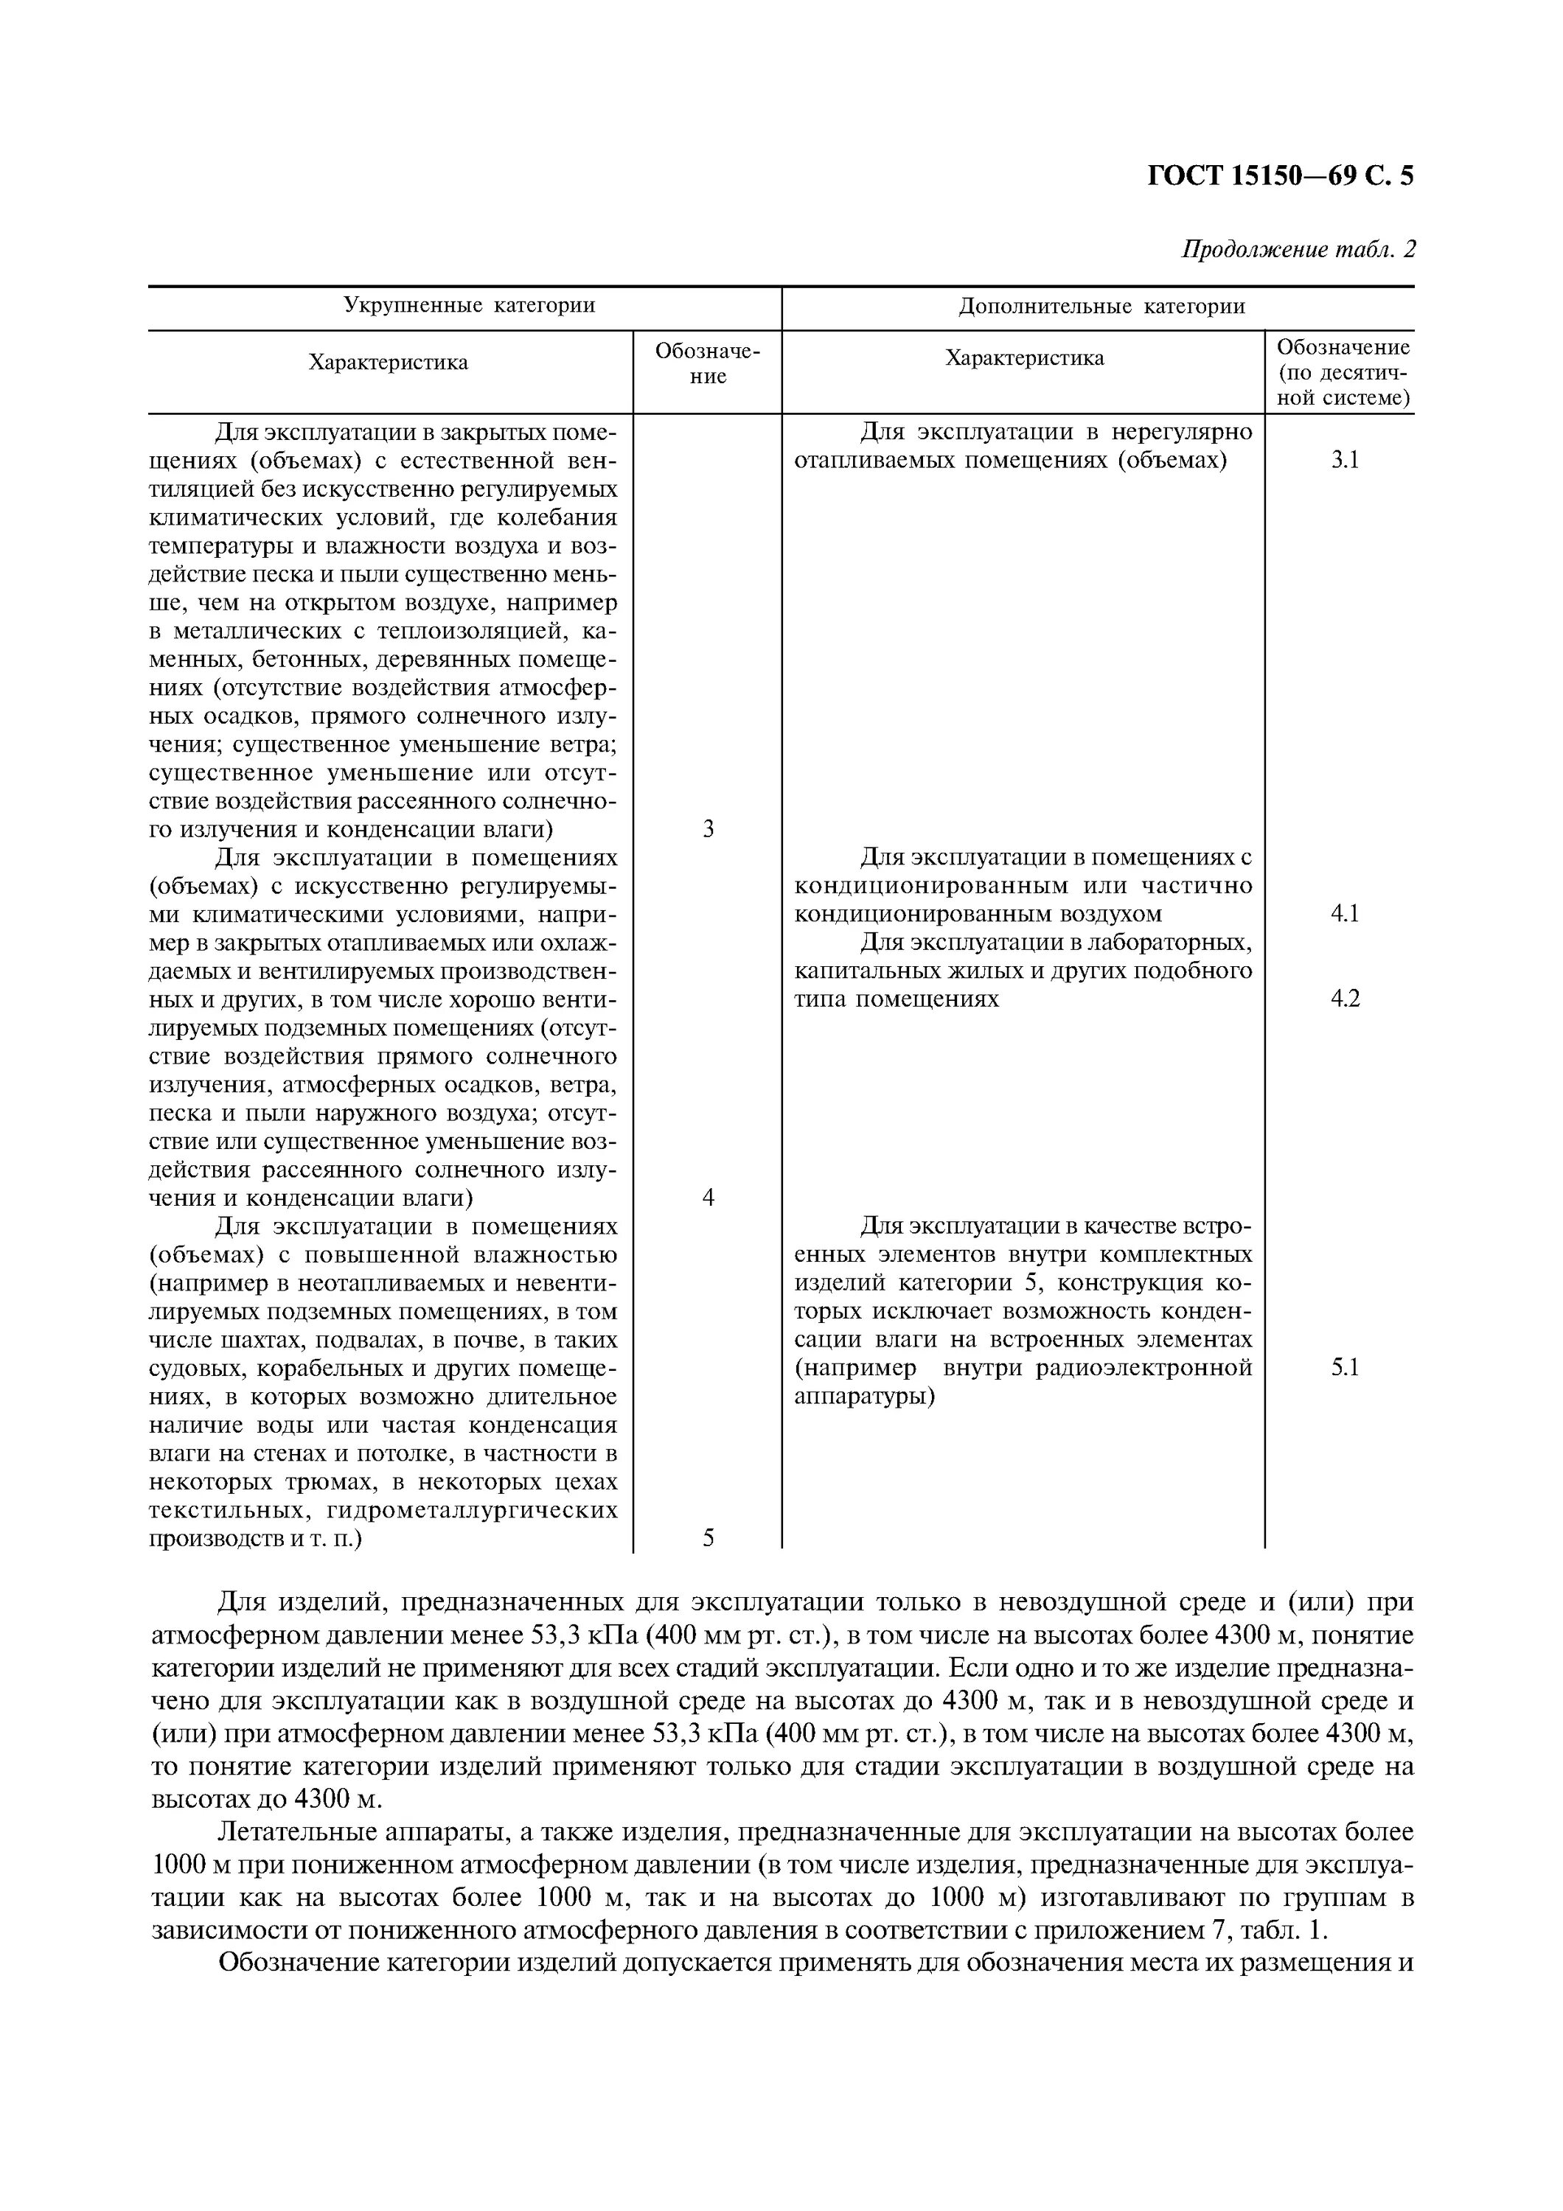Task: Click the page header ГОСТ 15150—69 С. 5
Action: point(1280,176)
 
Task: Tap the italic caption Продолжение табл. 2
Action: point(1298,249)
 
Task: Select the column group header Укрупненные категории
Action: point(469,307)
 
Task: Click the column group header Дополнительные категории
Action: point(1101,307)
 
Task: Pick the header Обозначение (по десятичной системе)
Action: point(1343,371)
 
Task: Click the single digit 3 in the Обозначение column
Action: point(708,829)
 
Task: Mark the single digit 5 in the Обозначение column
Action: point(708,1538)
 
